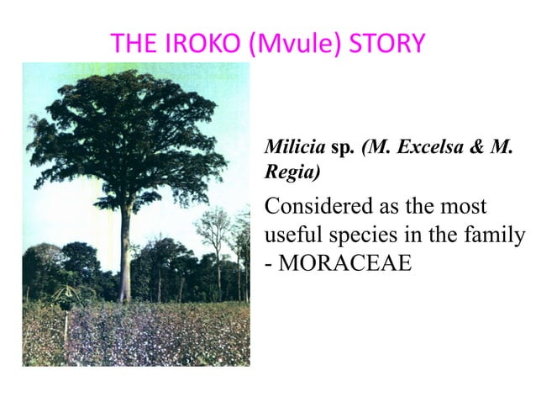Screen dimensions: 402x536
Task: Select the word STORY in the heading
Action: coord(389,43)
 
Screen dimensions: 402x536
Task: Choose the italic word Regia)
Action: coord(289,172)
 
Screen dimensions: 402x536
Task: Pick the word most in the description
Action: coord(469,205)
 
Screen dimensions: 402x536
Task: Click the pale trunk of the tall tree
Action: coord(125,252)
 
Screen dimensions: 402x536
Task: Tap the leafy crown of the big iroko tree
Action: coord(126,135)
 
